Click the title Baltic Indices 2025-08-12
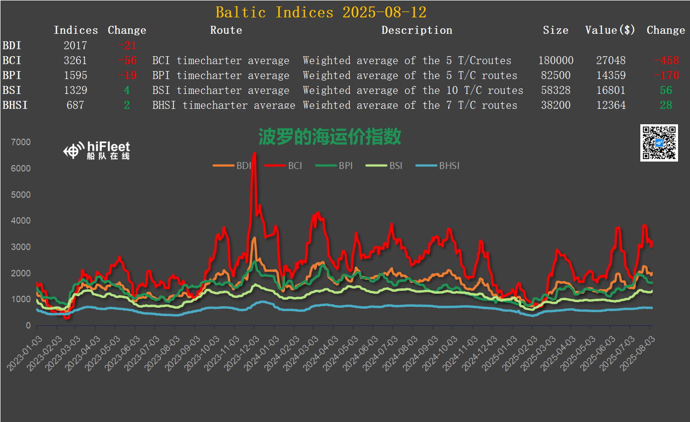coord(321,12)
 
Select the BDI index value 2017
coord(75,46)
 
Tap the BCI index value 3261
coord(75,61)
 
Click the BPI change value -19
coord(127,76)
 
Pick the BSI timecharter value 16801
coord(611,90)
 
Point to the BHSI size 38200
coord(555,105)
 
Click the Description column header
coord(417,30)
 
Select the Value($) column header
coord(610,30)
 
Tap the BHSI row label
coord(15,105)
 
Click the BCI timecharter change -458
coord(666,61)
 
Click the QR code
coord(659,143)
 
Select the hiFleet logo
coord(97,150)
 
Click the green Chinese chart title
coord(329,136)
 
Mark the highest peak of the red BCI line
coord(254,154)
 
